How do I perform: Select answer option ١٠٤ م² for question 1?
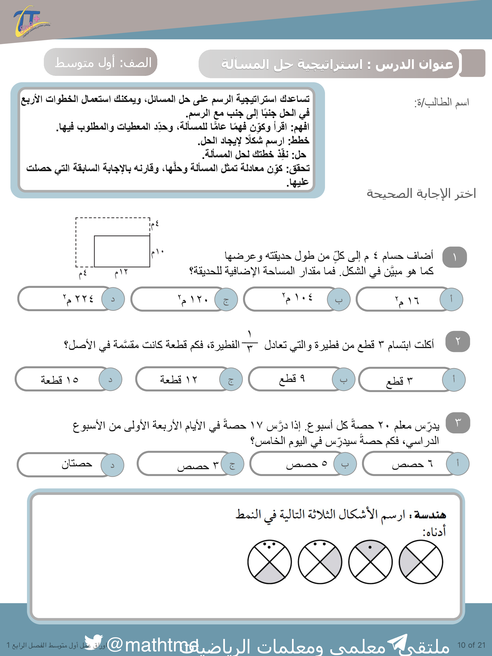click(x=297, y=299)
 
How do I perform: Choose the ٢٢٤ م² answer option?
click(x=71, y=299)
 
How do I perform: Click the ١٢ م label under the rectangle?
click(x=121, y=272)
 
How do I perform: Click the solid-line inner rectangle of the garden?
click(x=122, y=251)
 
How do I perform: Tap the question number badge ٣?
click(x=458, y=423)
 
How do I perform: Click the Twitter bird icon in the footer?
click(x=93, y=642)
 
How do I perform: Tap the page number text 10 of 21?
click(x=471, y=645)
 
